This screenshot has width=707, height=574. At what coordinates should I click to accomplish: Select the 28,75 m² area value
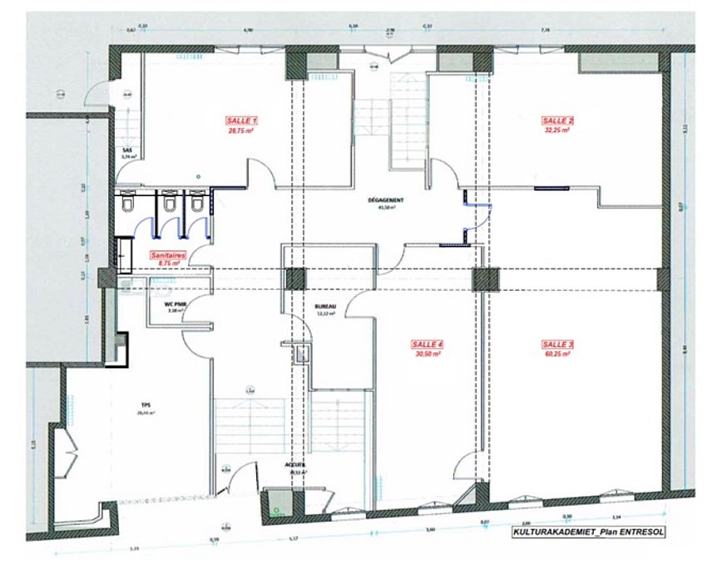tap(242, 130)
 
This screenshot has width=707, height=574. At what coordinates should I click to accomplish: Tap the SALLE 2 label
tap(558, 121)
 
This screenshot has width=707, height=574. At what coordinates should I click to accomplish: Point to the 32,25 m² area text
tap(558, 130)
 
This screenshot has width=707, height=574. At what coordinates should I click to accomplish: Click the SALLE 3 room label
tap(557, 344)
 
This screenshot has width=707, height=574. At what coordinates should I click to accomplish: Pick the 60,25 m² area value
tap(557, 353)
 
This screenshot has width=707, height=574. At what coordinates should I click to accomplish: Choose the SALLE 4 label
tap(428, 344)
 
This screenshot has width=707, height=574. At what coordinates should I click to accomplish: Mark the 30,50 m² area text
tap(428, 353)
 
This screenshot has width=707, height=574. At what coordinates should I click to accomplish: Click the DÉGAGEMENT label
tap(385, 200)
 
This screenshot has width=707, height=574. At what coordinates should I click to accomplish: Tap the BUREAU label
tap(325, 306)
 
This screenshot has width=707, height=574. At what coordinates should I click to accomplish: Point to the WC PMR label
tap(176, 304)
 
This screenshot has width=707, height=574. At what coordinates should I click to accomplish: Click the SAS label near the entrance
tap(127, 150)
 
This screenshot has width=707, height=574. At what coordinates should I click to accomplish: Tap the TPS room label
tap(144, 407)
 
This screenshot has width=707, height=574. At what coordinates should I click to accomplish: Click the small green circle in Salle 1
tap(198, 176)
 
